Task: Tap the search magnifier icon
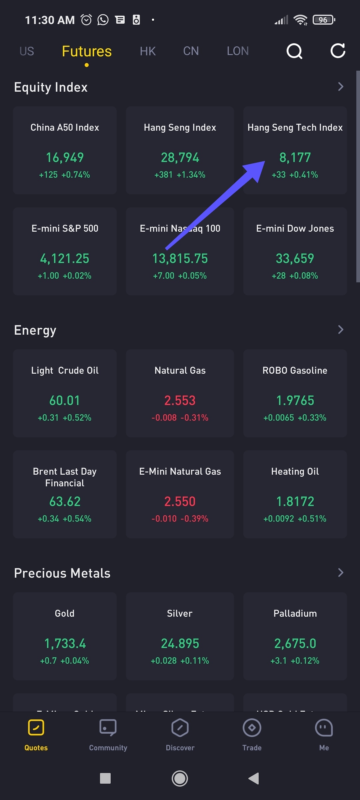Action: pyautogui.click(x=294, y=51)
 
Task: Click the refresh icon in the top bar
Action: pyautogui.click(x=338, y=51)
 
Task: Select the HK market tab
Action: pyautogui.click(x=148, y=51)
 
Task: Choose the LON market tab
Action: pyautogui.click(x=238, y=51)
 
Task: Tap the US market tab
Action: pyautogui.click(x=27, y=51)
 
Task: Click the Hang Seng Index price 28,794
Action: pyautogui.click(x=180, y=158)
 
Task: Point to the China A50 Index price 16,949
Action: pyautogui.click(x=65, y=158)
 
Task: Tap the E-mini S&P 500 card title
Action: pyautogui.click(x=65, y=228)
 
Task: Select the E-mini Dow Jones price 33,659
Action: pyautogui.click(x=295, y=259)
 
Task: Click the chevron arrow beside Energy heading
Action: pyautogui.click(x=340, y=330)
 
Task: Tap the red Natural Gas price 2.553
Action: pyautogui.click(x=180, y=401)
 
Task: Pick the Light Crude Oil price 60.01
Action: pyautogui.click(x=65, y=401)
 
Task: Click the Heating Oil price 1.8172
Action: pyautogui.click(x=295, y=502)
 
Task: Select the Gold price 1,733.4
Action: pyautogui.click(x=65, y=644)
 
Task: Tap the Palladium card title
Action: pyautogui.click(x=295, y=613)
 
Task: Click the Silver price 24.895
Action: pyautogui.click(x=180, y=644)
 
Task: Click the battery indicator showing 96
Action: pyautogui.click(x=323, y=20)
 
